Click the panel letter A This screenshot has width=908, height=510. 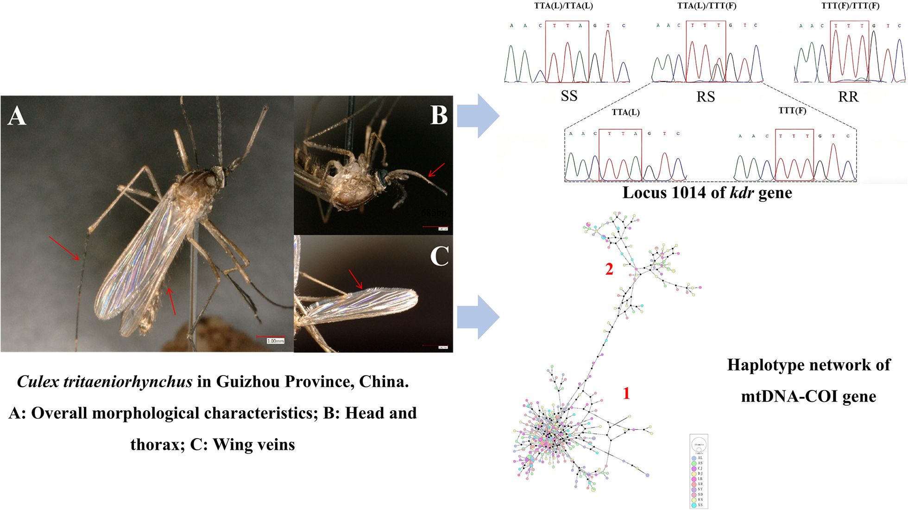click(17, 115)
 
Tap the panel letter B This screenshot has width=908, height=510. click(439, 115)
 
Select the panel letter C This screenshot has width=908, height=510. click(439, 256)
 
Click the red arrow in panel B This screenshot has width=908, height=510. click(436, 170)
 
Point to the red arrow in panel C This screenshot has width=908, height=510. click(355, 279)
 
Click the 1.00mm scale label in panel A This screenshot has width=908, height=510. click(275, 341)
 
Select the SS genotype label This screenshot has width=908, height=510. click(569, 96)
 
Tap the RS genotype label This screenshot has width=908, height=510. click(706, 97)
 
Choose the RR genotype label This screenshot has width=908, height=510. click(848, 97)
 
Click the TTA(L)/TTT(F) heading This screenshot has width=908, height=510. click(706, 6)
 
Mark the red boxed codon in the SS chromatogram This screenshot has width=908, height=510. click(567, 51)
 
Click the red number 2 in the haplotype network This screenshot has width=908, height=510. click(609, 269)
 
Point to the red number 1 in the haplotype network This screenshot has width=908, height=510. click(626, 394)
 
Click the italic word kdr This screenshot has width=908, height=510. click(742, 193)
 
